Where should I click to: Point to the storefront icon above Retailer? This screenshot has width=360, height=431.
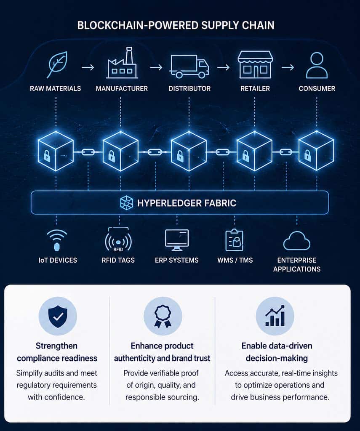coord(255,65)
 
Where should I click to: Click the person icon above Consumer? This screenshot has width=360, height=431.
coord(317,65)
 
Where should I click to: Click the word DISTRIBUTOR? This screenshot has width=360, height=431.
coord(189,89)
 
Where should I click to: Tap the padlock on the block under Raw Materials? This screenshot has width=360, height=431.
coord(46,157)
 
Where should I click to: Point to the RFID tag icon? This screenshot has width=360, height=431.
coord(118,242)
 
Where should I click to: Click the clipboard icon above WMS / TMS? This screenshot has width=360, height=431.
coord(234,240)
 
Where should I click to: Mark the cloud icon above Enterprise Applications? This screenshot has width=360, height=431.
coord(297,242)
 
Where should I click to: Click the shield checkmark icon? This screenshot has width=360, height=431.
coord(58,316)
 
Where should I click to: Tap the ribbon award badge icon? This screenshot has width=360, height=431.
coord(163,316)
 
